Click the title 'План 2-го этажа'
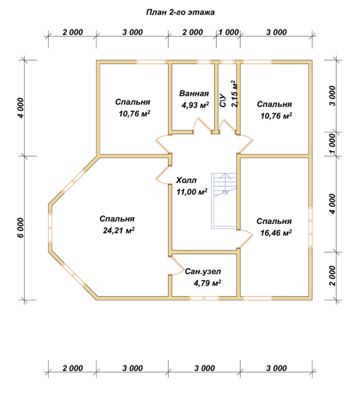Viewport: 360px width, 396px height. coord(180,12)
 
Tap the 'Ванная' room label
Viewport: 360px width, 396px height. coord(194,94)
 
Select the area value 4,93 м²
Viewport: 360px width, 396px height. coord(195,105)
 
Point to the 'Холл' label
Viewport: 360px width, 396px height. coord(186,180)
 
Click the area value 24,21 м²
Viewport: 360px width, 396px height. coord(118,230)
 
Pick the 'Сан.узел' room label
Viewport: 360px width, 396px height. coord(203,272)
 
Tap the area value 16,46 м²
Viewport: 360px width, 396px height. coord(276,232)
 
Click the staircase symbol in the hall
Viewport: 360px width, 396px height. coord(224,201)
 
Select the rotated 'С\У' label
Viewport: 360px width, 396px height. coord(222,100)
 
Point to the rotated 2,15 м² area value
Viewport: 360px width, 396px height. coord(235,94)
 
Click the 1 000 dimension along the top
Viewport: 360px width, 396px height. coord(229,32)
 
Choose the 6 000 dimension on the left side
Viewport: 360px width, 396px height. coord(21,228)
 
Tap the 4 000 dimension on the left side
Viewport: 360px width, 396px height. coord(21,108)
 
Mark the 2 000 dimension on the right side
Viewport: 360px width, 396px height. coord(332,276)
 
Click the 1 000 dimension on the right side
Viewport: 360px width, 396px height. coord(332,144)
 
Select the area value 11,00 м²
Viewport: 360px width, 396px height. coord(192,192)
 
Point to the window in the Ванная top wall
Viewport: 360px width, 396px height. coord(204,62)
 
